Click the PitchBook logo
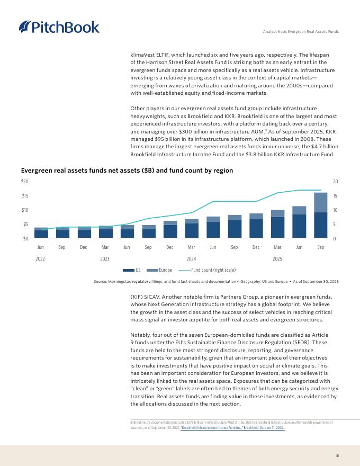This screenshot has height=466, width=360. coord(59,27)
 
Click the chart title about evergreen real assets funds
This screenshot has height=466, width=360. coord(127,171)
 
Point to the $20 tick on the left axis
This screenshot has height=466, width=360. coord(25,182)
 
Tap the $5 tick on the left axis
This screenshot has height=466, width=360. coord(26,224)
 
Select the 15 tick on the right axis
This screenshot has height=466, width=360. coord(336,196)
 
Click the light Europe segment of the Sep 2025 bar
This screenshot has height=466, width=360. coord(320,202)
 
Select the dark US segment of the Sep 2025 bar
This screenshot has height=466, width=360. coord(320,225)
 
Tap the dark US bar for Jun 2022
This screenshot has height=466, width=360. coord(41,234)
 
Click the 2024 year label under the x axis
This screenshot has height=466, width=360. coord(191,258)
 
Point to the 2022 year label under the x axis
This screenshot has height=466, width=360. coord(41,258)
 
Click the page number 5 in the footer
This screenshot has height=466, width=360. coord(337,455)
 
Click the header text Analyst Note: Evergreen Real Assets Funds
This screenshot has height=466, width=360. coord(300,32)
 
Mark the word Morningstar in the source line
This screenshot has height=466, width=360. coord(119,281)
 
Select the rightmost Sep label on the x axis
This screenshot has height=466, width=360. coord(320,247)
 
